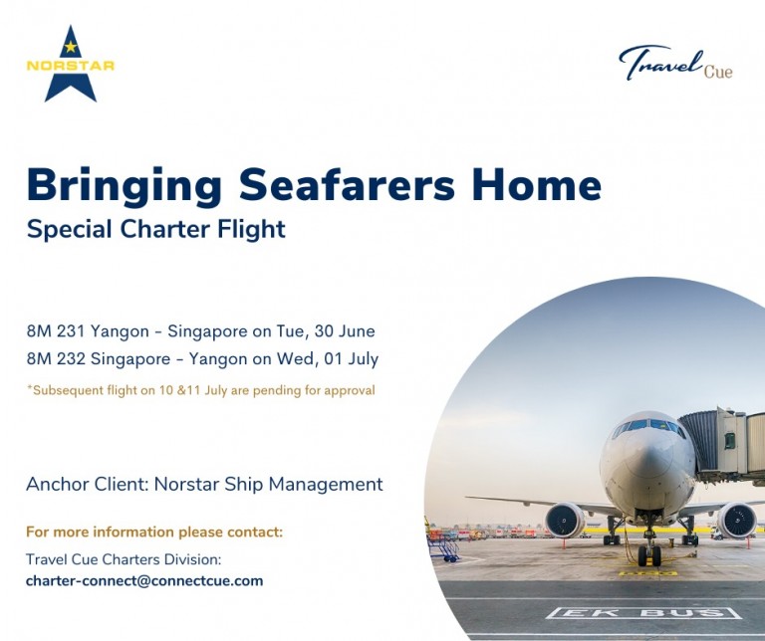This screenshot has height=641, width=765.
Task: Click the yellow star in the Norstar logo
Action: (x=71, y=46)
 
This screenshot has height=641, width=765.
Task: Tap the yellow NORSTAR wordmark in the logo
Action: (x=71, y=67)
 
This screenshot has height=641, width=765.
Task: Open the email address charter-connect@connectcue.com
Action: (x=144, y=580)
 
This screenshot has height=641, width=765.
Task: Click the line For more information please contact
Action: (x=154, y=533)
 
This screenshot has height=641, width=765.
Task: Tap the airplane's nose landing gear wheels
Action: (x=649, y=554)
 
